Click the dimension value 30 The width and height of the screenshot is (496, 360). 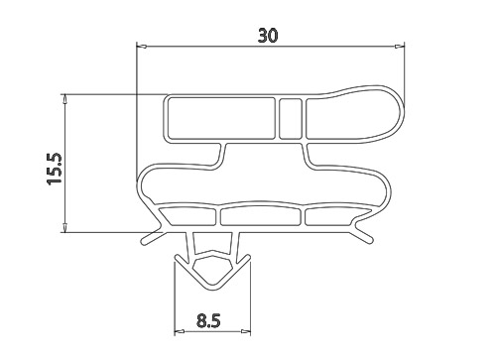pyautogui.click(x=268, y=36)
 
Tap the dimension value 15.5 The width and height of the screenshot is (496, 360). pyautogui.click(x=55, y=169)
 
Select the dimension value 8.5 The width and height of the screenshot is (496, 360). pyautogui.click(x=208, y=320)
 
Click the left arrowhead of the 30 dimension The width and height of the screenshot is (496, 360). pyautogui.click(x=142, y=46)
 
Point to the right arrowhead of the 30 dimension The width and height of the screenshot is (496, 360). pyautogui.click(x=400, y=46)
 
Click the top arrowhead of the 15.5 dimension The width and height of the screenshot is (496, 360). pyautogui.click(x=65, y=99)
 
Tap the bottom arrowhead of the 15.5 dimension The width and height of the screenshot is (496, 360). pyautogui.click(x=65, y=227)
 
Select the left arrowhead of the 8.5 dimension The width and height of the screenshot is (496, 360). pyautogui.click(x=180, y=331)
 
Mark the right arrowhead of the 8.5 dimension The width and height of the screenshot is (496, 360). pyautogui.click(x=245, y=331)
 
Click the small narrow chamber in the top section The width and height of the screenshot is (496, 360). pyautogui.click(x=291, y=118)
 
